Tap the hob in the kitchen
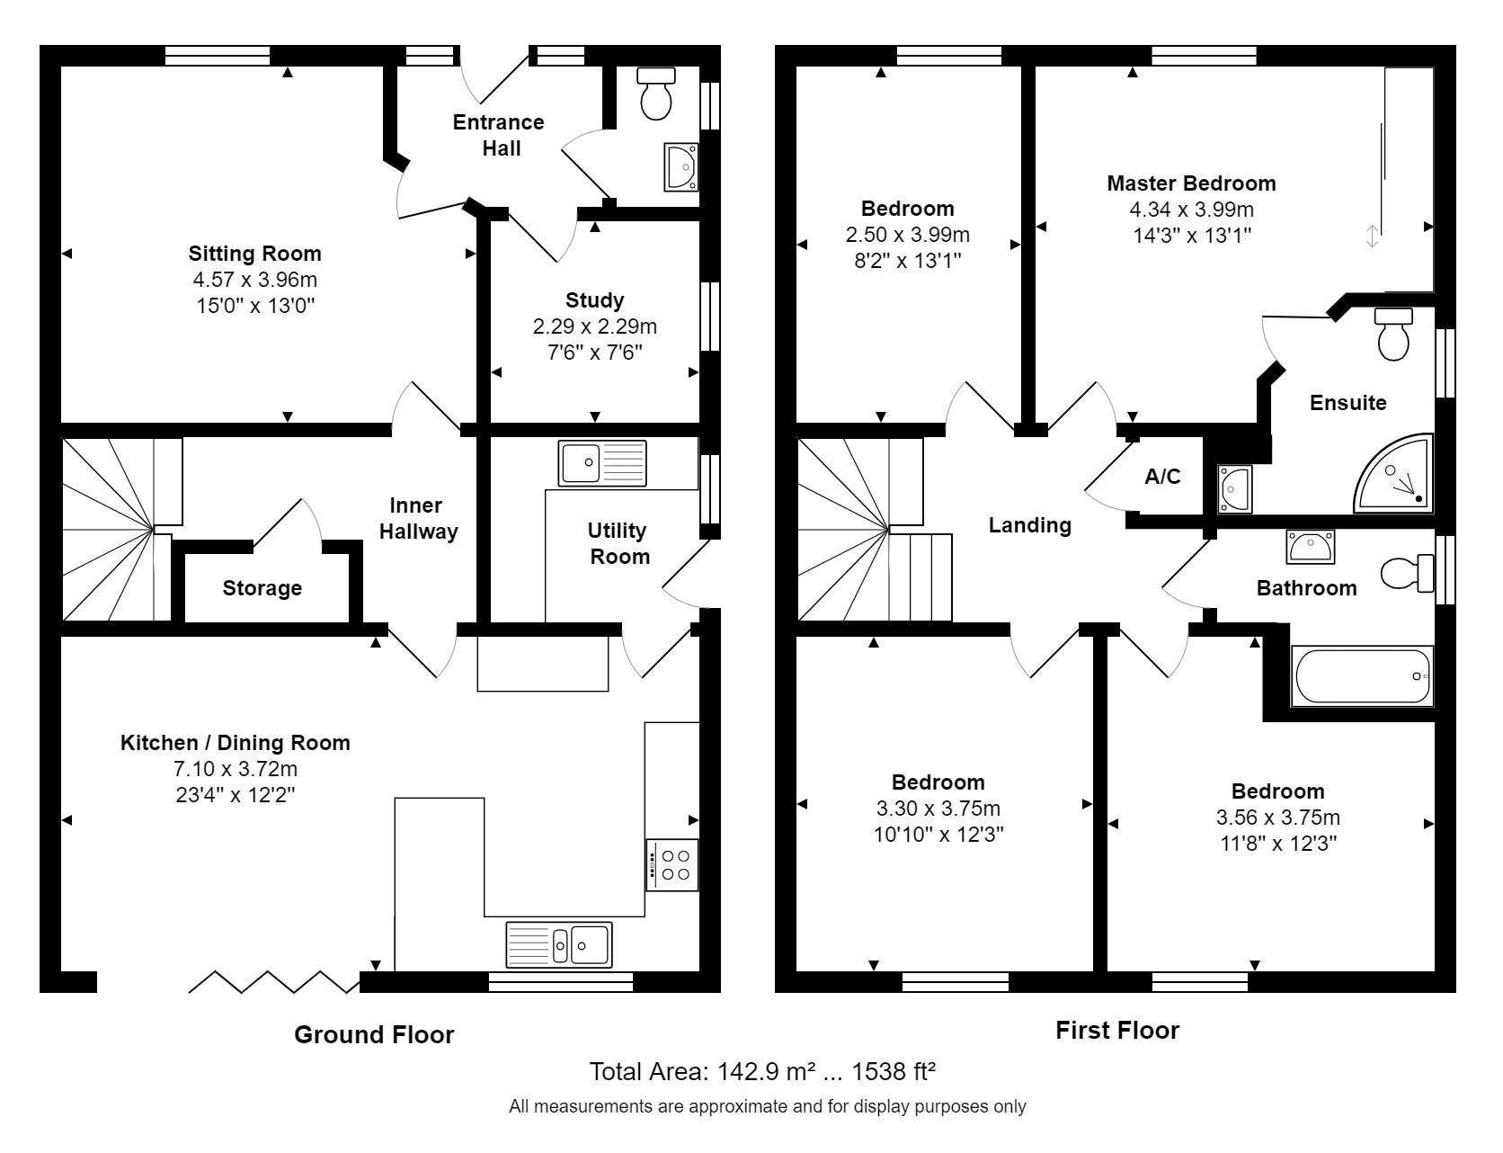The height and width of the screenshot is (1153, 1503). [x=671, y=864]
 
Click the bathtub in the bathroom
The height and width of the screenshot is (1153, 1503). [x=1361, y=676]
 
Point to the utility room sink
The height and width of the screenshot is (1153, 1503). [x=601, y=462]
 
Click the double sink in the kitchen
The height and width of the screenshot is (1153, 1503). [x=559, y=944]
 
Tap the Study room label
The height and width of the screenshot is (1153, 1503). [x=594, y=300]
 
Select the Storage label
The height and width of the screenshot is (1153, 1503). [x=262, y=589]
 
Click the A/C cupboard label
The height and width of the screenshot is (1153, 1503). [x=1162, y=477]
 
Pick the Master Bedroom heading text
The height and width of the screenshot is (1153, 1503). [x=1191, y=183]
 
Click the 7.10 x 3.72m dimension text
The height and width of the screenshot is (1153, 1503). [x=236, y=769]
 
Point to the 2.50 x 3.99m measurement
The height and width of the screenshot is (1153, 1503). [x=907, y=236]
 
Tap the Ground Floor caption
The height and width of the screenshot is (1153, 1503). [x=374, y=1035]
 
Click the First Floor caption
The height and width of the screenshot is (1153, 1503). [x=1116, y=1031]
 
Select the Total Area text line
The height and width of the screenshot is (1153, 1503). [x=762, y=1072]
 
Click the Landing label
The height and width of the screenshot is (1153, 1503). [x=1030, y=525]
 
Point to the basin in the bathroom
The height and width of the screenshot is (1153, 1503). [x=1311, y=546]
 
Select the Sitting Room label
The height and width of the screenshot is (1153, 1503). [x=254, y=254]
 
